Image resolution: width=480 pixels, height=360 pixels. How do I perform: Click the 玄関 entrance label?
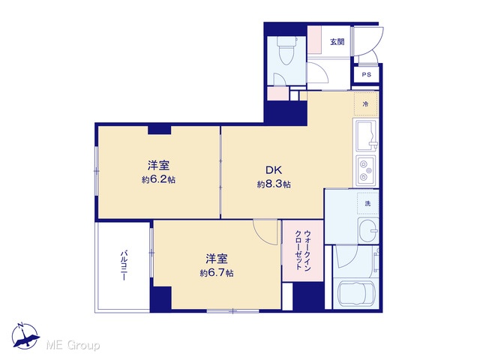[x=337, y=42]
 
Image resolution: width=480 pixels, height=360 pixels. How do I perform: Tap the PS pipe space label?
[x=367, y=74]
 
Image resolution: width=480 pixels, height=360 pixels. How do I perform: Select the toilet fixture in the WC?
[x=286, y=50]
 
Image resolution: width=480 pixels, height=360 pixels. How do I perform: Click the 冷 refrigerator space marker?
[x=365, y=104]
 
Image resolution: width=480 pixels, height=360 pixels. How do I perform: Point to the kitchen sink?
[x=365, y=136]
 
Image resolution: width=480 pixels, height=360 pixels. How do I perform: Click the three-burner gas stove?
[x=365, y=169]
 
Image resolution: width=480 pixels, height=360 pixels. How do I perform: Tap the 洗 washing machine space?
[x=367, y=203]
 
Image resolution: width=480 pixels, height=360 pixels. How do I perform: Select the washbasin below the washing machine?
[x=368, y=230]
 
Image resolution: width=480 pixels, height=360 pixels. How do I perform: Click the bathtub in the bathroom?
[x=356, y=295]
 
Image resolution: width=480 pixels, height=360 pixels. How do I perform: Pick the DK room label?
[x=273, y=169]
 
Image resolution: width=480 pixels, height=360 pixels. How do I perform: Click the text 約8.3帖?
[x=274, y=184]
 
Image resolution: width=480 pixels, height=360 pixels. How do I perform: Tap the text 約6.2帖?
[x=158, y=180]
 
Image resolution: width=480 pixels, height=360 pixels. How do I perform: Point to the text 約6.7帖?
[x=217, y=273]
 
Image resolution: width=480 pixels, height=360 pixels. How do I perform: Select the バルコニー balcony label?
[x=124, y=265]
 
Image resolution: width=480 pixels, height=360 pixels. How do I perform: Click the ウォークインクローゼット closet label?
[x=303, y=250]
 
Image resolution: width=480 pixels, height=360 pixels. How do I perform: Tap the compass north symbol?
[x=25, y=336]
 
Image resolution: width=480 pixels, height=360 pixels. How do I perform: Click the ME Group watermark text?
[x=73, y=345]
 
